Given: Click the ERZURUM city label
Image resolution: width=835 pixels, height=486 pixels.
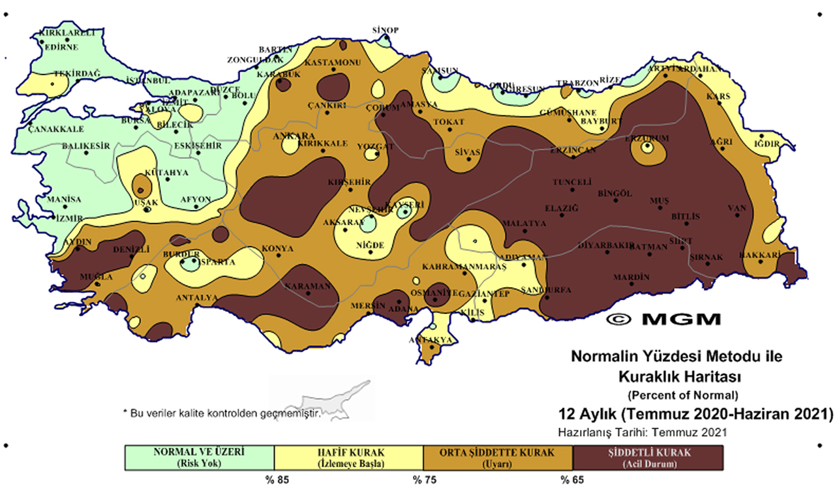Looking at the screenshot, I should point(647,138).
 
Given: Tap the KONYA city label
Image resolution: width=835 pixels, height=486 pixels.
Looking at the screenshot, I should point(277,249).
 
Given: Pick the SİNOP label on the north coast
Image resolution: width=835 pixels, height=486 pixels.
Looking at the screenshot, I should point(385,30).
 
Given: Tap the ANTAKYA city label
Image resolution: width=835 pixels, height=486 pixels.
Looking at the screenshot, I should point(430,341).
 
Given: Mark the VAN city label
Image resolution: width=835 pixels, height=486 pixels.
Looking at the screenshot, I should point(736,209).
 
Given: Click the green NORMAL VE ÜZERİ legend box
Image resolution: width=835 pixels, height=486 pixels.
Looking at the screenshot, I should point(200,457).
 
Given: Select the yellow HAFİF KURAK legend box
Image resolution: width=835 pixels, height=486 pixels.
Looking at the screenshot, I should point(349,457).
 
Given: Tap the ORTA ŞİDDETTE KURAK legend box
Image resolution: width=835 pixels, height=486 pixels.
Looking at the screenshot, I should point(498,457).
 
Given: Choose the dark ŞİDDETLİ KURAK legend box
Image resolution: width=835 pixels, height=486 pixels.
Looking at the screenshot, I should point(648,457).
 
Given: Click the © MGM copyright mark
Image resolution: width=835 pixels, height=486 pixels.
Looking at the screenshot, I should point(663,319).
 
